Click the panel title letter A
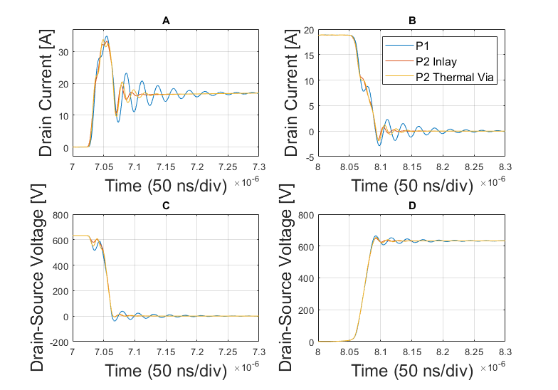[x=166, y=21]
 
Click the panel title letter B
[x=412, y=21]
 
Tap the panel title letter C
[x=166, y=206]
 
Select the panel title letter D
[x=412, y=206]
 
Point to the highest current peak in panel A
[x=107, y=36]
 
